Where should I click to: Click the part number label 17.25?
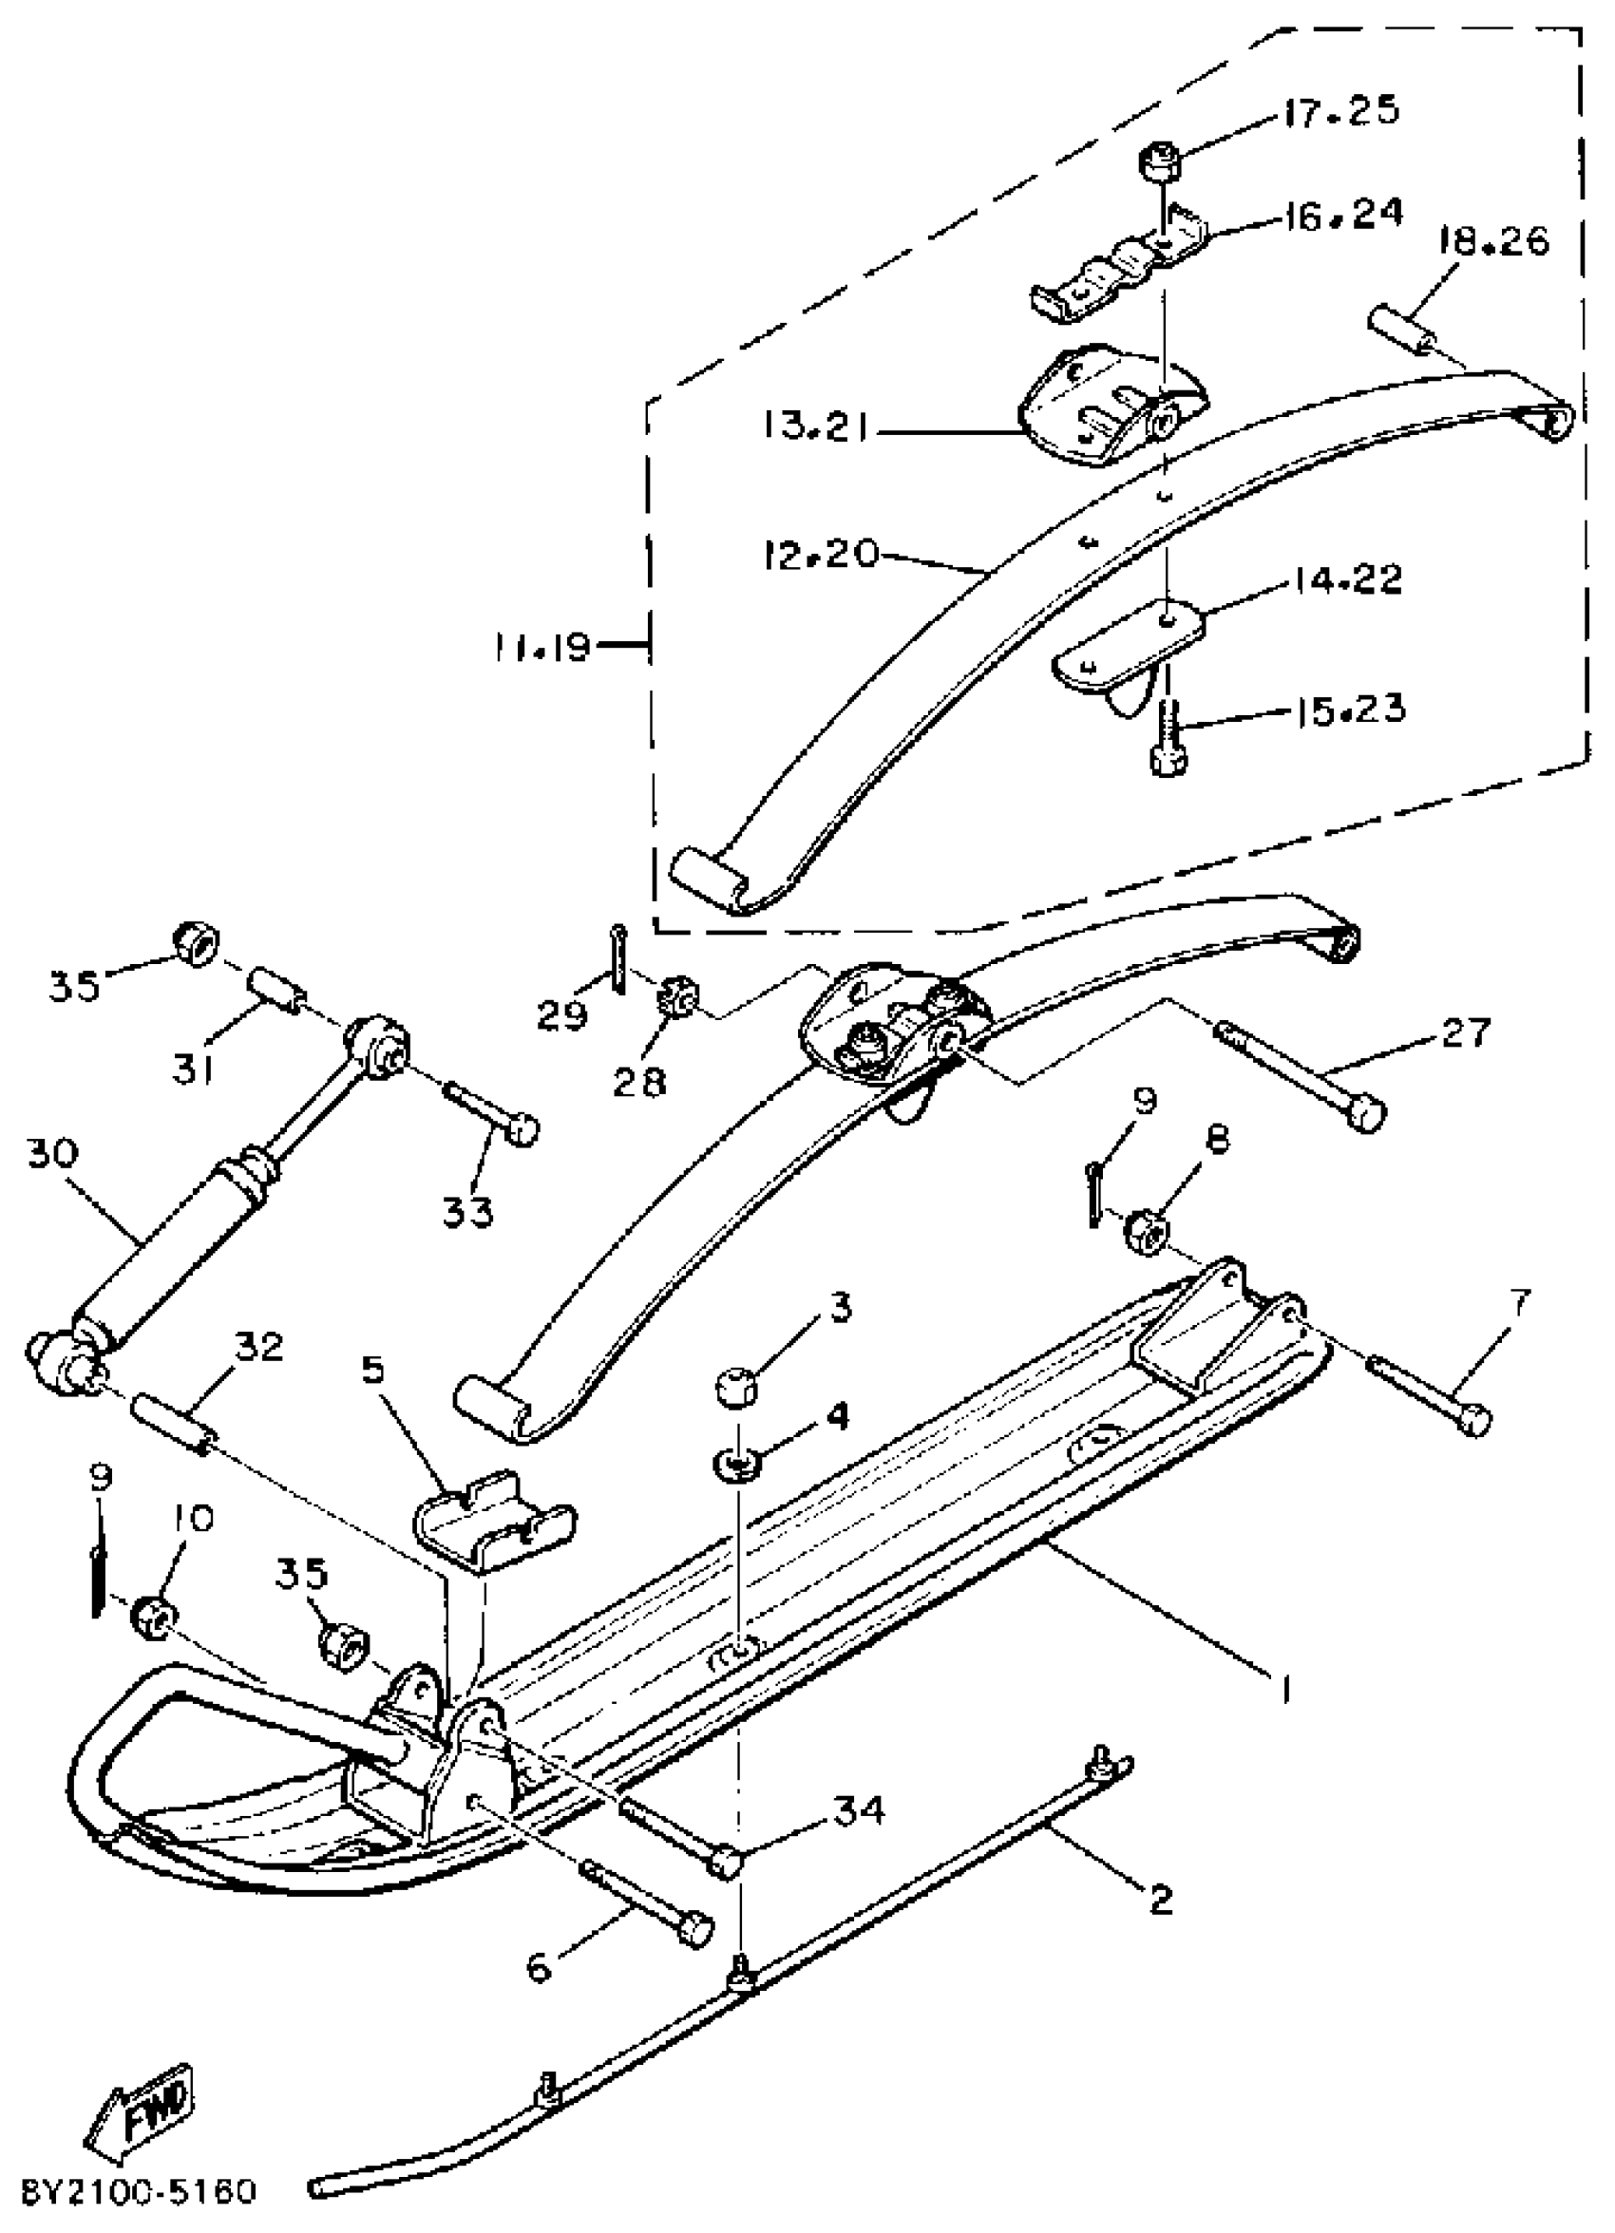1340,110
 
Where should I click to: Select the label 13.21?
814,427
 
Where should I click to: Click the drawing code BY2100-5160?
139,2190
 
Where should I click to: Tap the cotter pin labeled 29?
617,958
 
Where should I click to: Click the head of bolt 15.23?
1168,759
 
